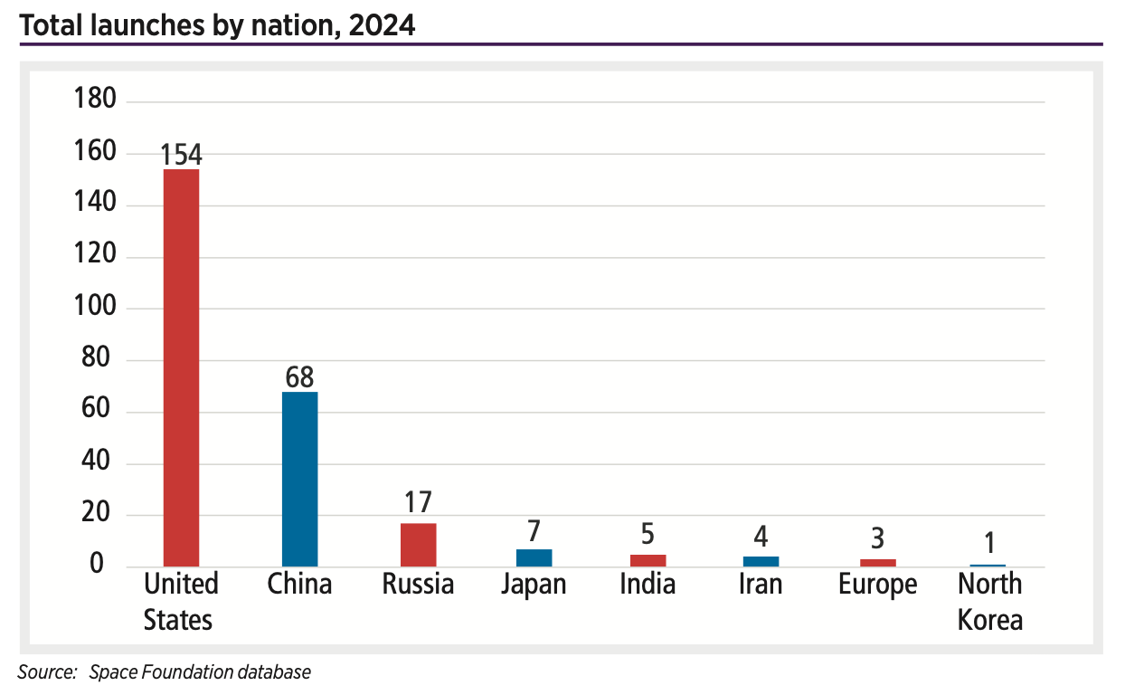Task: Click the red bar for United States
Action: tap(181, 367)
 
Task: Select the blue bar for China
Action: tap(300, 479)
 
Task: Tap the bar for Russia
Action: tap(418, 545)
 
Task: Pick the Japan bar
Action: tap(534, 557)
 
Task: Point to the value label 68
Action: tap(300, 377)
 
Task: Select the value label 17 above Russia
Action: tap(418, 502)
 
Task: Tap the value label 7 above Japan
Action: tap(534, 530)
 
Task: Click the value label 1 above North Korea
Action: tap(990, 544)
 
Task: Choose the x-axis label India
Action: tap(648, 585)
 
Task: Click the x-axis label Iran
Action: tap(761, 585)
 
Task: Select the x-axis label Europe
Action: tap(877, 585)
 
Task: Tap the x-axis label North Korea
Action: tap(990, 602)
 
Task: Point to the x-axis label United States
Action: tap(181, 602)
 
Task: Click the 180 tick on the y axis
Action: tap(95, 99)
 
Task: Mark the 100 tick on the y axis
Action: tap(95, 306)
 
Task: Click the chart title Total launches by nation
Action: tap(217, 25)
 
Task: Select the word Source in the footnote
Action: tap(46, 672)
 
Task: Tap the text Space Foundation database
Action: tap(200, 672)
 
